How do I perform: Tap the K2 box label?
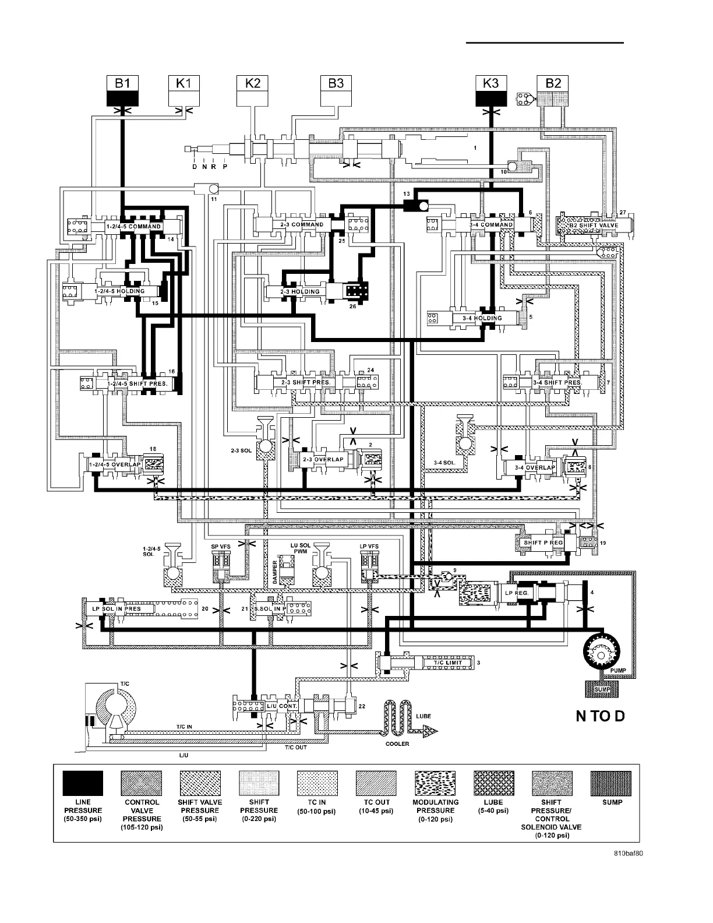[x=252, y=83]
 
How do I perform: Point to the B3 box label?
[x=336, y=83]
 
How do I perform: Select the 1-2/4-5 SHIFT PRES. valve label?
[x=137, y=383]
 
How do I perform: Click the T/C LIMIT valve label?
[x=447, y=663]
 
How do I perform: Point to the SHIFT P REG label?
[x=543, y=542]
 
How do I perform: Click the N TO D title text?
[x=600, y=716]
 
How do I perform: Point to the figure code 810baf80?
[x=628, y=854]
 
